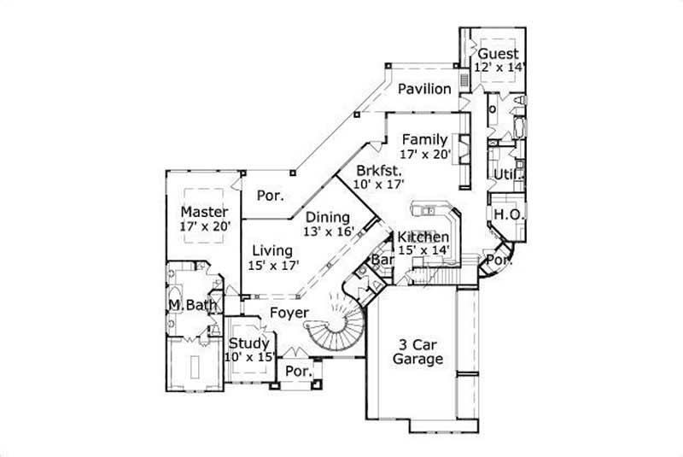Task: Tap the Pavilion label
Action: coord(424,89)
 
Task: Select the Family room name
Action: coord(424,139)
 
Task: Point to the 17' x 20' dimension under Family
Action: coord(424,155)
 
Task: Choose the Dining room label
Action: coord(328,217)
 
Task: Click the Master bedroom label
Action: coord(204,211)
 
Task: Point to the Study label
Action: coord(248,343)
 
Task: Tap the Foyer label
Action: coord(289,313)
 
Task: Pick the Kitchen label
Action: coord(423,237)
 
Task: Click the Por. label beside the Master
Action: coord(271,195)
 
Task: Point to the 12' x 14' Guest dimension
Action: coord(501,67)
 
